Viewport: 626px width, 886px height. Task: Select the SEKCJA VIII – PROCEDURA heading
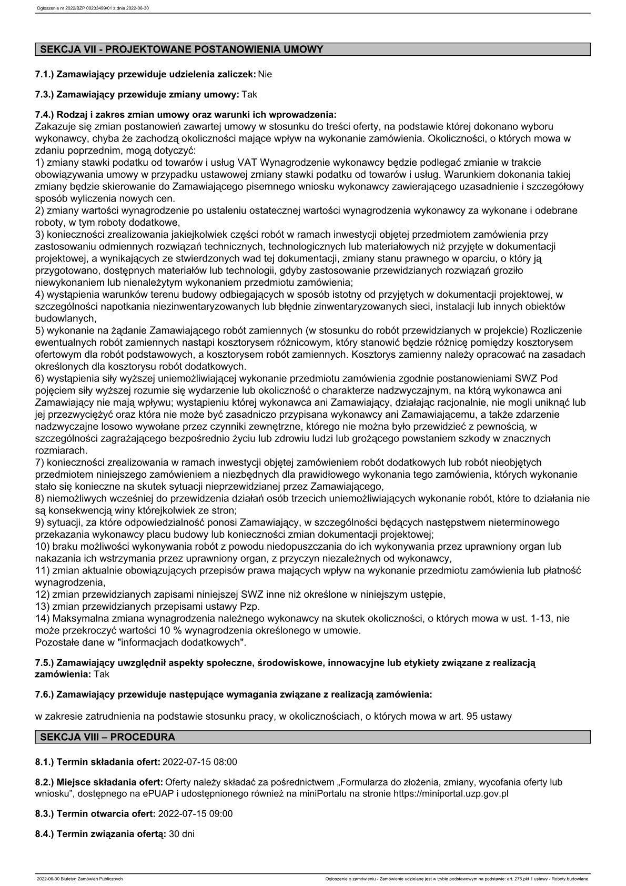(x=108, y=737)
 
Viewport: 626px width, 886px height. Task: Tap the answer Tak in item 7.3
(x=249, y=95)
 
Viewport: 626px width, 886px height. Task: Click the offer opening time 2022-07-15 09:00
(x=195, y=813)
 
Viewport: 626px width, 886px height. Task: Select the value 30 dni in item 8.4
(x=181, y=834)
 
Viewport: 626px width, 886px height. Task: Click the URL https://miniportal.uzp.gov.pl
(x=451, y=793)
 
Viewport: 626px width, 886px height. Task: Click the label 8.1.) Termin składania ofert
(x=98, y=761)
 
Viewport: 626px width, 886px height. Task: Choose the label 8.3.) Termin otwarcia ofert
(x=96, y=813)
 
